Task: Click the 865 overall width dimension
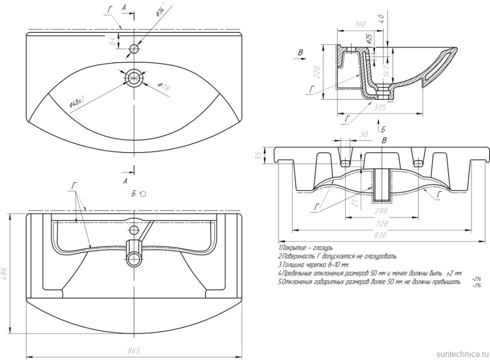[134, 350]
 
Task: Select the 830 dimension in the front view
[383, 235]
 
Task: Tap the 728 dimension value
[383, 223]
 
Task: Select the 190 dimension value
[360, 24]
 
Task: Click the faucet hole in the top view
[134, 49]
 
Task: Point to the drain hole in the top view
[134, 77]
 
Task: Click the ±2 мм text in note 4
[454, 273]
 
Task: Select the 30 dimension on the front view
[362, 134]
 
